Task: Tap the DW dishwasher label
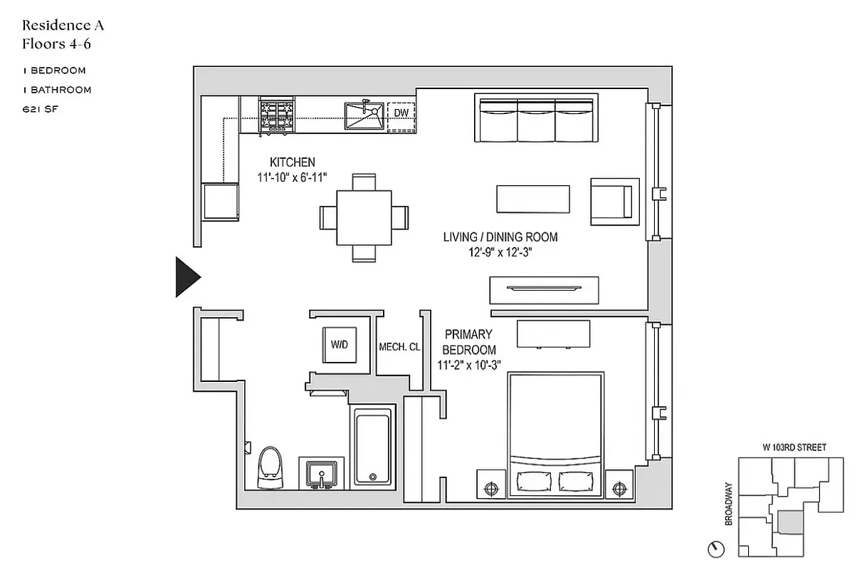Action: [401, 113]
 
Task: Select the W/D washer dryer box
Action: [338, 345]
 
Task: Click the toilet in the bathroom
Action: [268, 468]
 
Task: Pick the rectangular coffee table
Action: [533, 199]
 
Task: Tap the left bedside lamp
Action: [490, 489]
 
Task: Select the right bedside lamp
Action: [617, 489]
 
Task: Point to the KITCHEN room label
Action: [292, 162]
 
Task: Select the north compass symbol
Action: [717, 549]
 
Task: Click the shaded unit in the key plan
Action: [787, 522]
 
